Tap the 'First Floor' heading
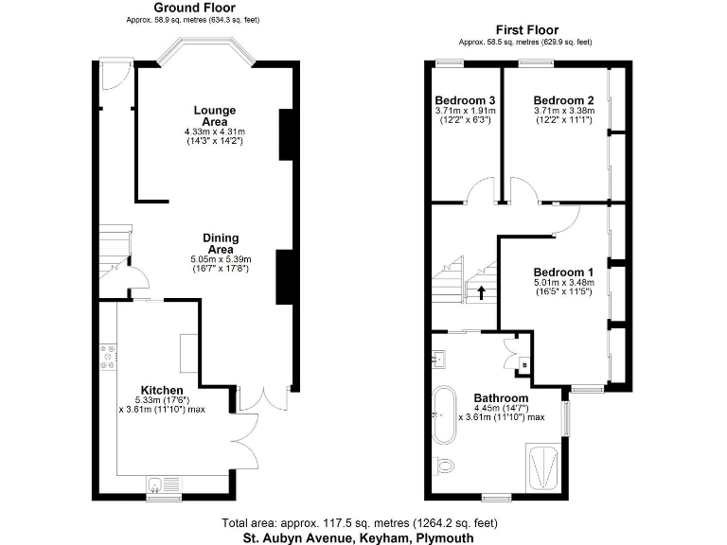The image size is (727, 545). click(x=525, y=30)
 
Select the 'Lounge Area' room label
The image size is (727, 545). click(x=214, y=115)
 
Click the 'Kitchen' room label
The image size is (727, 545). click(x=162, y=390)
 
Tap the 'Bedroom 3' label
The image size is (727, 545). click(x=465, y=101)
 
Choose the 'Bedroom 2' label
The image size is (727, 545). click(x=563, y=101)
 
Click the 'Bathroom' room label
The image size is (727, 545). click(x=501, y=397)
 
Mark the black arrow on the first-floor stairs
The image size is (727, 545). click(x=481, y=293)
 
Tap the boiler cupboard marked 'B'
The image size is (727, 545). click(x=524, y=363)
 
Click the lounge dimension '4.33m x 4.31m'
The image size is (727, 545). click(x=214, y=132)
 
